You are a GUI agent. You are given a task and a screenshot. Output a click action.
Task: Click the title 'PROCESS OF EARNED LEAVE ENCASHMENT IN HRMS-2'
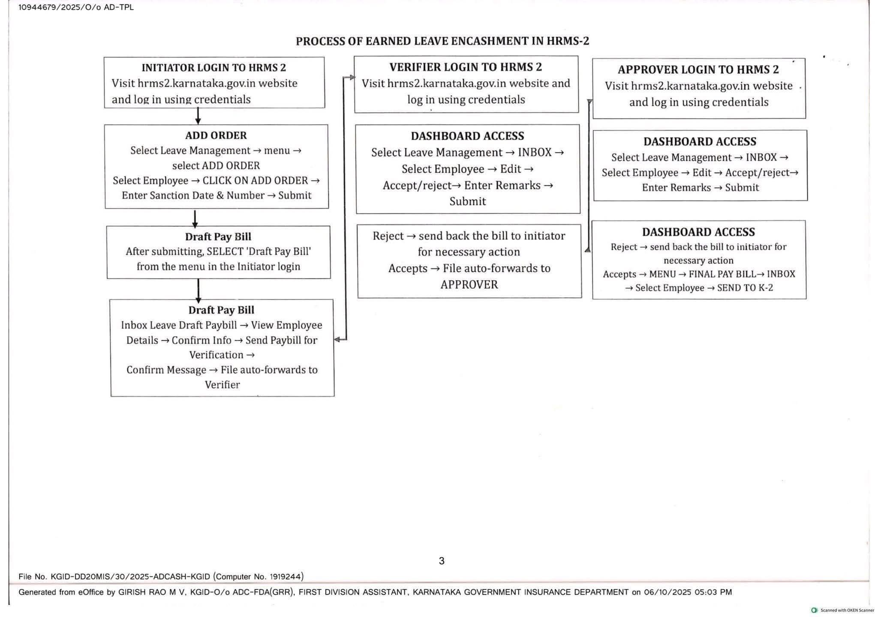pos(442,41)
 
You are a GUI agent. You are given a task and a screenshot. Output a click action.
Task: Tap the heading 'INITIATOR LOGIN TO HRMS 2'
pos(213,68)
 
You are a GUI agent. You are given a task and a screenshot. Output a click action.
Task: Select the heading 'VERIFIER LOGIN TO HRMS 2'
pos(466,67)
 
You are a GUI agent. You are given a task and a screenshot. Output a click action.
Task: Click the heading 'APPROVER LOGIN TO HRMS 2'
pos(698,69)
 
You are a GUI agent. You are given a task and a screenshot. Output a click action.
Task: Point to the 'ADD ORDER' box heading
pos(216,135)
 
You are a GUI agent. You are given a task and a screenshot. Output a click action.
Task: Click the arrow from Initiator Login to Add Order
pos(198,116)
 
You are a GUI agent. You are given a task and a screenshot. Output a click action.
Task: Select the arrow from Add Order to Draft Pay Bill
pos(195,218)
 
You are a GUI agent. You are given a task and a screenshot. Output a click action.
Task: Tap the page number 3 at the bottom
pos(442,561)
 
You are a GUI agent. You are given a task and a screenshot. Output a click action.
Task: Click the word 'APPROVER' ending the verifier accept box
pos(469,285)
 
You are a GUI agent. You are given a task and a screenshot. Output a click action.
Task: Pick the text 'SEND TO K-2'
pos(745,288)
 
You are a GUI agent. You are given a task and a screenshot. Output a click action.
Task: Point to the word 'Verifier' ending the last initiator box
pos(222,385)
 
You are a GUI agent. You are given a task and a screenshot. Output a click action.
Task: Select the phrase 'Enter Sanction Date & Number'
pos(193,195)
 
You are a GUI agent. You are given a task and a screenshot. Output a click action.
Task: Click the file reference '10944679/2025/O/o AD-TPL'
pos(76,7)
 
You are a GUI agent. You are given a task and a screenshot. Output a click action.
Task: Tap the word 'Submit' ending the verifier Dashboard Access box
pos(467,201)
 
